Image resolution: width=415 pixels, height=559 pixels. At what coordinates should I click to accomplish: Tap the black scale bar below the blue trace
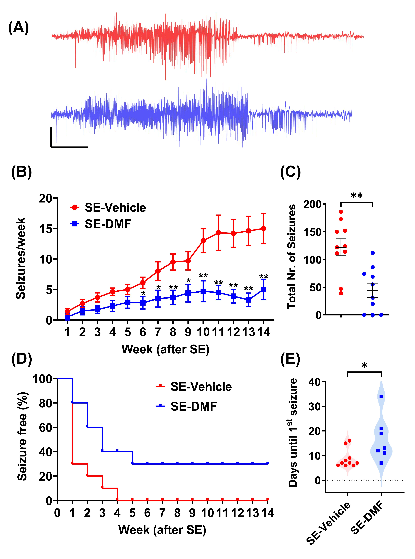click(70, 147)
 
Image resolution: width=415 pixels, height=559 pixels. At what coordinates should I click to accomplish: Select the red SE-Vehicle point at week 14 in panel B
click(264, 229)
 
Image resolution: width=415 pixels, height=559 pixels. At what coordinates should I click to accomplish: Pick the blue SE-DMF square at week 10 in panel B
click(203, 291)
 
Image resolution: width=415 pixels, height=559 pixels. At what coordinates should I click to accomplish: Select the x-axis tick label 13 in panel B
click(248, 332)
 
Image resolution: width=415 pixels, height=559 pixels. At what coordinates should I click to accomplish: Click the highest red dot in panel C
click(341, 212)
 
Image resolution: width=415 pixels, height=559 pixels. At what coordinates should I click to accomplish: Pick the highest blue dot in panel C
click(373, 253)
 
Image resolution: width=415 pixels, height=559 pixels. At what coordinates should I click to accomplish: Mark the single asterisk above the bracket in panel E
click(364, 365)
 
